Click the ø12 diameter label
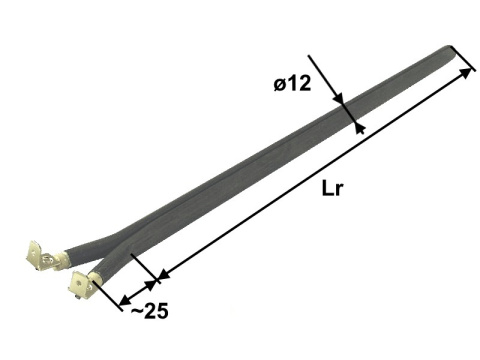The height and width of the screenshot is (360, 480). coord(292,83)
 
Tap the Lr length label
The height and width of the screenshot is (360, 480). coord(332,188)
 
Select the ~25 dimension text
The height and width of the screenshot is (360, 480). coord(150,312)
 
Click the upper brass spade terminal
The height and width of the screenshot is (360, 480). coord(41,255)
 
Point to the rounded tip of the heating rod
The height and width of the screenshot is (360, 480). coord(450,49)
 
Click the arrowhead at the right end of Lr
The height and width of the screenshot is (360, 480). coord(466,74)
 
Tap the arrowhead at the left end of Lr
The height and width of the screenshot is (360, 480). coord(163,275)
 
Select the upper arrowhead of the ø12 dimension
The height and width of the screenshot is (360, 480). coord(339,98)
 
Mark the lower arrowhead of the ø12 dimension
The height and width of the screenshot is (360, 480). coord(359,129)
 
